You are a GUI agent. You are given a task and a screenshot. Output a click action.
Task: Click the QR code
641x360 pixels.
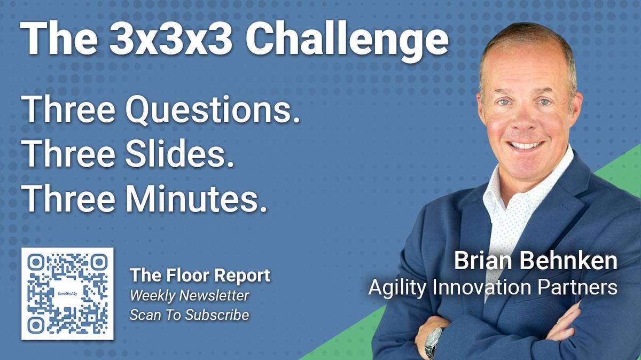click(67, 294)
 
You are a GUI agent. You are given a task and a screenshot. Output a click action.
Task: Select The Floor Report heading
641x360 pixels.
click(200, 276)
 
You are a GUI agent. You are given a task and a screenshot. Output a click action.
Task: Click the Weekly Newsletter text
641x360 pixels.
click(189, 296)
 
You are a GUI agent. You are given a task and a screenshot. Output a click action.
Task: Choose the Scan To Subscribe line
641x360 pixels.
click(189, 315)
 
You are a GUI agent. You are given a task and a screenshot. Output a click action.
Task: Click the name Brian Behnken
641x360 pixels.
click(535, 262)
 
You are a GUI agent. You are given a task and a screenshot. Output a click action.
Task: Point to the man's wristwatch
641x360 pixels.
click(434, 341)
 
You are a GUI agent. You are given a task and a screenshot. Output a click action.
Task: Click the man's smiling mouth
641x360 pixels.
click(526, 145)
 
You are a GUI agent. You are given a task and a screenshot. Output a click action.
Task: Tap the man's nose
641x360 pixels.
click(526, 120)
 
